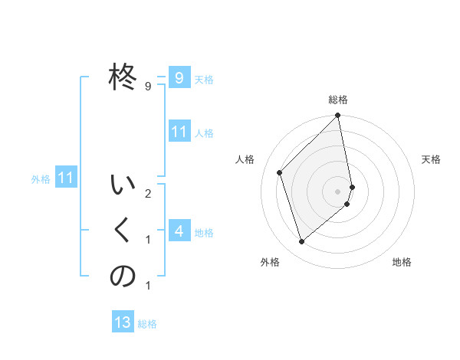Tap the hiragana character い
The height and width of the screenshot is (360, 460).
123,186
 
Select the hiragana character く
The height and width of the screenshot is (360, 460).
123,231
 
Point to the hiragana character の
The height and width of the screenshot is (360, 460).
123,277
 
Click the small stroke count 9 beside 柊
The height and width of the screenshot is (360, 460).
147,87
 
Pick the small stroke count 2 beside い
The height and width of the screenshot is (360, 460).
147,193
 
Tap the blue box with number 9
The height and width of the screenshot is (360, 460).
179,77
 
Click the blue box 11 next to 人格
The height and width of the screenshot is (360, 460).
179,131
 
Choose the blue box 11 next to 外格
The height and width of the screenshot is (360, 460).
66,178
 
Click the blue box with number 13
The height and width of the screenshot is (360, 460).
123,322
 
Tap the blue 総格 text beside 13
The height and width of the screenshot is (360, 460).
147,324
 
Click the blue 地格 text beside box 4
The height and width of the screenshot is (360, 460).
204,233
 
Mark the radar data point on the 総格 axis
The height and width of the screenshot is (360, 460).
337,116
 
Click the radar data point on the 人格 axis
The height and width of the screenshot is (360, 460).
280,172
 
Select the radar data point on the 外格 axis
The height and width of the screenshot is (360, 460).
301,242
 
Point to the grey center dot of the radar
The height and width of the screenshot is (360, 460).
337,191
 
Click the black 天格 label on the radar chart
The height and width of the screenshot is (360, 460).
431,159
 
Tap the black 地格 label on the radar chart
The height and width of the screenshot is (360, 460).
402,262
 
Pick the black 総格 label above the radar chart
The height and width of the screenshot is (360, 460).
338,100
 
